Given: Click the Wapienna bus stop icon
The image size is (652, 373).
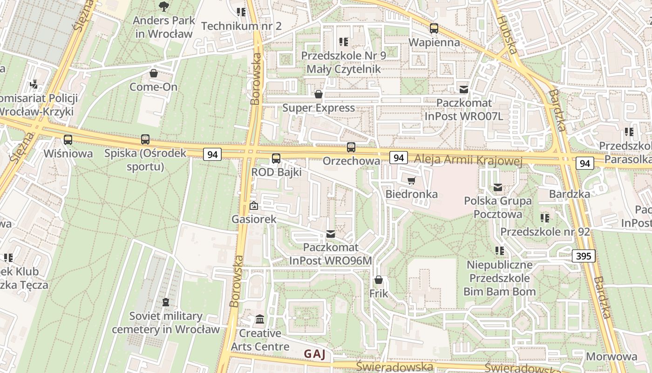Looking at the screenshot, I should (x=434, y=28).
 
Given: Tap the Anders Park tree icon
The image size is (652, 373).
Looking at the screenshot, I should (x=163, y=6).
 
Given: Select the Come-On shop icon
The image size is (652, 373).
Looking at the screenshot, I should (x=153, y=73).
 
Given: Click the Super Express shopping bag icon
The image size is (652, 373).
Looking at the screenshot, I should (x=319, y=94).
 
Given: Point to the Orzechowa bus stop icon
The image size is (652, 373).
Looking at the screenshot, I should (x=351, y=147).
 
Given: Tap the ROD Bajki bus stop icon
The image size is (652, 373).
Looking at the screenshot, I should (x=276, y=159).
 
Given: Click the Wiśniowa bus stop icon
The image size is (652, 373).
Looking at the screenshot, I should (x=68, y=139).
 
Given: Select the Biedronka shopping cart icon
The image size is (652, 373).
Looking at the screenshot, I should (x=411, y=180).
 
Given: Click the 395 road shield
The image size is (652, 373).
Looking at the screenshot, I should (x=584, y=256).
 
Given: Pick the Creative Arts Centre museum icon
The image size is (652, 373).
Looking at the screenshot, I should (x=260, y=320).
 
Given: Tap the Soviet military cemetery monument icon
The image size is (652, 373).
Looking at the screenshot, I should (x=166, y=302).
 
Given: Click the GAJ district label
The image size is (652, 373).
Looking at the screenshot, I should (x=315, y=354).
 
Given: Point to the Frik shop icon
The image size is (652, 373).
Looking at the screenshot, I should (x=379, y=280).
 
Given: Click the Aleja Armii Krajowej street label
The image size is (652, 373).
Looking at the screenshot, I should (x=468, y=160).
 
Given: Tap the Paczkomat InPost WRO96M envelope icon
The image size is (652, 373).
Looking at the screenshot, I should (x=331, y=234).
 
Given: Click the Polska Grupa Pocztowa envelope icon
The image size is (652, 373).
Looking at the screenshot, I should (x=498, y=187).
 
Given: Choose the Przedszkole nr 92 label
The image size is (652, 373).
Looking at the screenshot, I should (x=545, y=232).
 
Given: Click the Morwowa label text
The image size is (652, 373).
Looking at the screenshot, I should (x=611, y=357).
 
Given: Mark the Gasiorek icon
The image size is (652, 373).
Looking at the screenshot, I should (x=254, y=205).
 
